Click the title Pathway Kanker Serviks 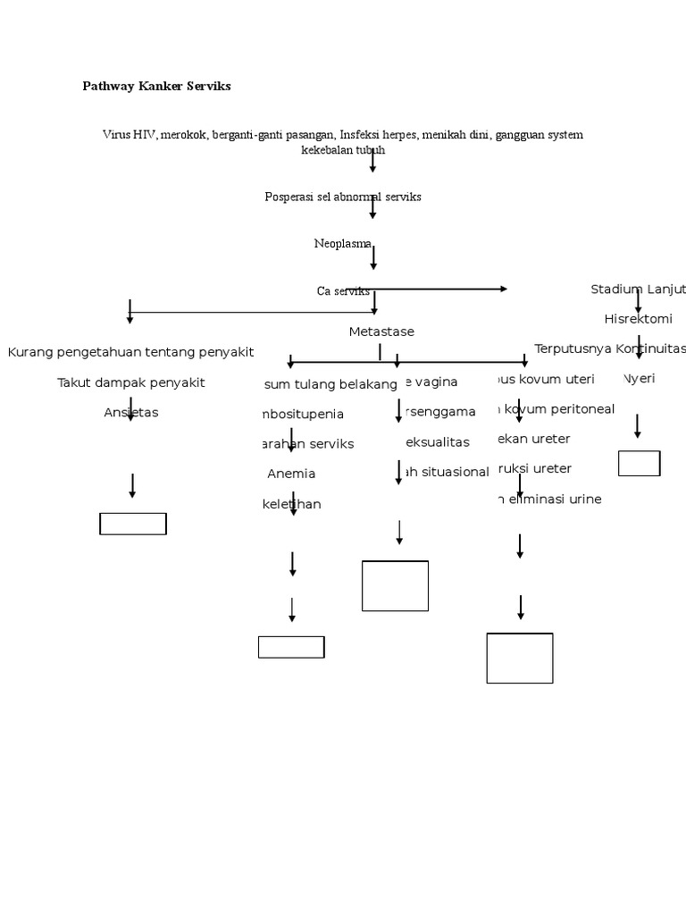[156, 87]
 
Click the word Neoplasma [342, 243]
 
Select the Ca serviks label [343, 291]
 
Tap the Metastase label [381, 332]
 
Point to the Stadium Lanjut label [638, 290]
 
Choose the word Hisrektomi [638, 319]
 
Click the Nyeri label [640, 379]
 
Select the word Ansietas [130, 413]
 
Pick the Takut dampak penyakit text [130, 382]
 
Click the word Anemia [291, 474]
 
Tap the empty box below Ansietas [133, 524]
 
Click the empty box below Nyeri [639, 463]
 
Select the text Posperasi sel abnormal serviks [342, 197]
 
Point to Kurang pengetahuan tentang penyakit [130, 352]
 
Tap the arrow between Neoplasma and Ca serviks [373, 257]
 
